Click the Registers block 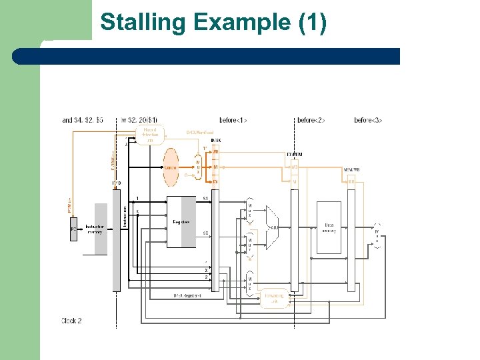(181, 222)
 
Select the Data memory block (329, 227)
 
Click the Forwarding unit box (274, 299)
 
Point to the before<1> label (233, 120)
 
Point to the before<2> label (311, 120)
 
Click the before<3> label (368, 120)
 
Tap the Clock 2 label (71, 321)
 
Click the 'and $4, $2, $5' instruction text (83, 120)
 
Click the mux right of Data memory (377, 235)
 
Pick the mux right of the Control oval (198, 166)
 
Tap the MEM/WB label (351, 170)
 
